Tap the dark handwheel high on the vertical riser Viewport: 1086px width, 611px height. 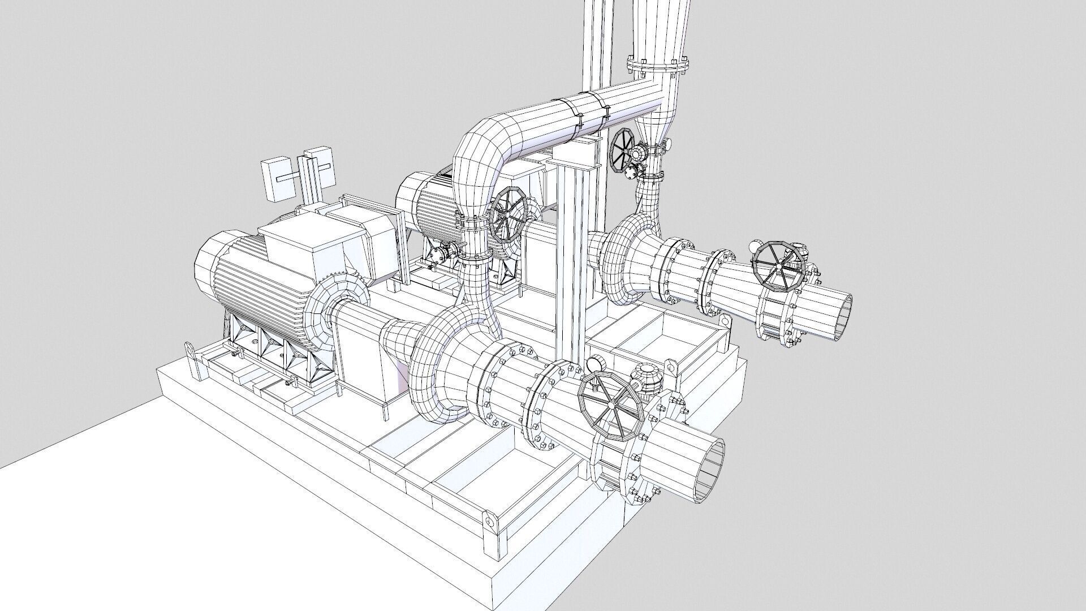coord(624,150)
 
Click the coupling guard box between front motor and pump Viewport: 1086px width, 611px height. coord(363,356)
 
